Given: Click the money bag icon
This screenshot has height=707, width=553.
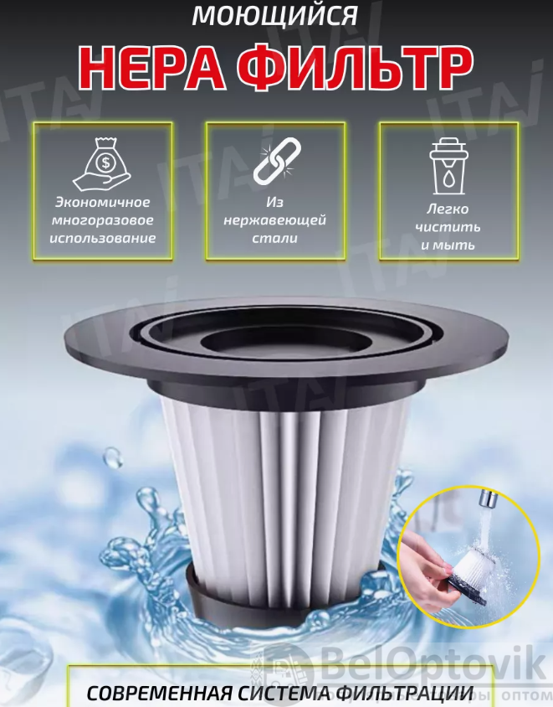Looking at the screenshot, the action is point(102,164).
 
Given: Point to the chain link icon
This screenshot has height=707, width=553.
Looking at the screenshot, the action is point(276,161).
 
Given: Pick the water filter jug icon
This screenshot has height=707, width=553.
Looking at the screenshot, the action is point(448,166).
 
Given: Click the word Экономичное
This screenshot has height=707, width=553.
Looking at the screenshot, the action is point(102,203).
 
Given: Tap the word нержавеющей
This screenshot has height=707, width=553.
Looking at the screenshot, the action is point(274,220).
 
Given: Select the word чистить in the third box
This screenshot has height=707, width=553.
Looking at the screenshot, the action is point(448,227).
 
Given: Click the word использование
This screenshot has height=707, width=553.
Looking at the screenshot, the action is point(103,238).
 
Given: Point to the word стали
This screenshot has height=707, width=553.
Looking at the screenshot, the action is point(274,238).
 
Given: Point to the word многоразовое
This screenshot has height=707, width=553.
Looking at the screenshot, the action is point(103,220).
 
